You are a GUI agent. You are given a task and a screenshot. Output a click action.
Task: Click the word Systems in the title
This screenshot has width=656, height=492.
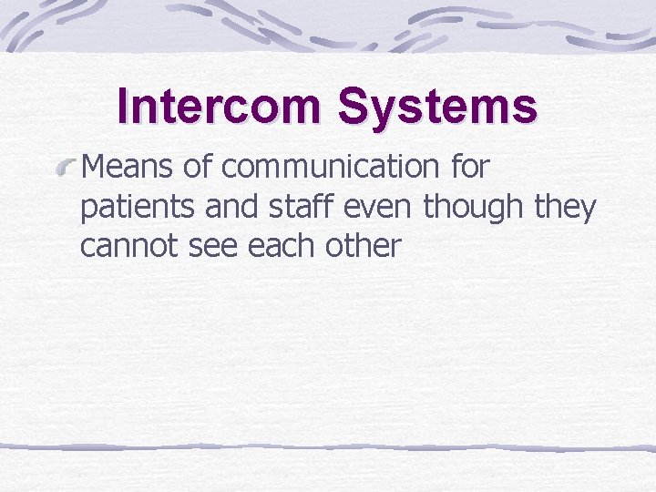point(437,108)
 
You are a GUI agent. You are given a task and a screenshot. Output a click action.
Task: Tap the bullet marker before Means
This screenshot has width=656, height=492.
point(66,166)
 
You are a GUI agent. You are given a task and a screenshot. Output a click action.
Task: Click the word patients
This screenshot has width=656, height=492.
point(138,208)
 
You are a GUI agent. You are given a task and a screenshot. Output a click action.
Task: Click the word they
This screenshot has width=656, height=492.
point(565,208)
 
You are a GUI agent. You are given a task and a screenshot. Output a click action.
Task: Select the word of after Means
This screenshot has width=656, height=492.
point(200,168)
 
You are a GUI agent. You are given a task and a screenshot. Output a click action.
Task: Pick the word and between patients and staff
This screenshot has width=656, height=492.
point(229,207)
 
